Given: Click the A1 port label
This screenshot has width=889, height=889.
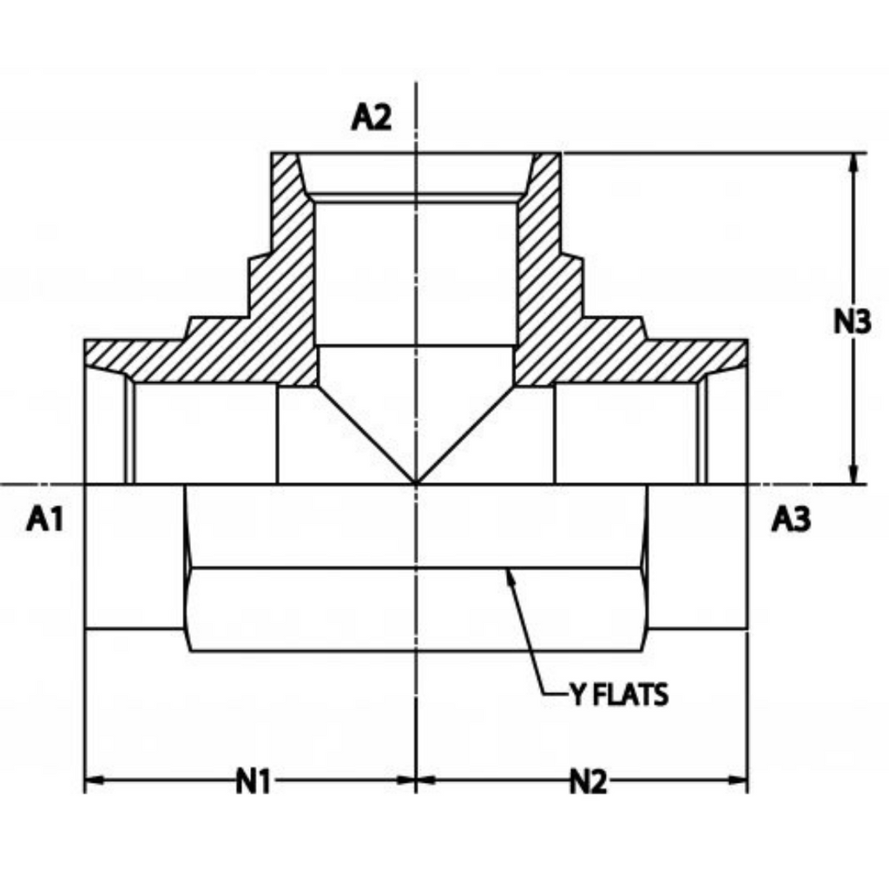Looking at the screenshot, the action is coord(45,519).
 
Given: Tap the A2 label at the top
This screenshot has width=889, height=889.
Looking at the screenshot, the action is coord(372,118).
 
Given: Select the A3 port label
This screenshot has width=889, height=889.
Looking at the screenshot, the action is coord(791,519).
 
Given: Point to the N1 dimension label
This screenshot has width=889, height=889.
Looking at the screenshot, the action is coord(254,782).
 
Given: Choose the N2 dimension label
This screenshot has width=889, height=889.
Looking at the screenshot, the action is coord(588,782).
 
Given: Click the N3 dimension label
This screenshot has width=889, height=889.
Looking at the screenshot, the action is coord(853,322).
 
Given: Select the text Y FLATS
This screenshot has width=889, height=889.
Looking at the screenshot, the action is coord(620,695).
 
